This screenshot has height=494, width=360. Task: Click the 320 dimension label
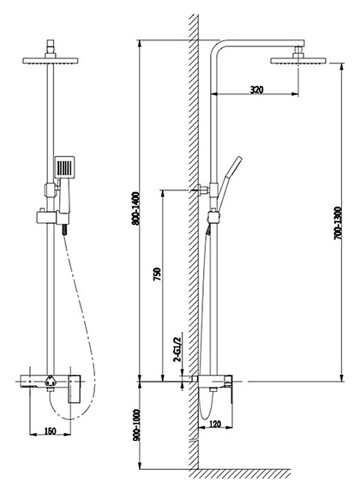(256, 90)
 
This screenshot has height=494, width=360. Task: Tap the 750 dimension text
(157, 274)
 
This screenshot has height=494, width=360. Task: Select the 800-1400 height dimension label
(135, 208)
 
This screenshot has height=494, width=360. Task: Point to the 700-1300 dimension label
(338, 223)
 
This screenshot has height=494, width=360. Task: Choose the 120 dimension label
(215, 424)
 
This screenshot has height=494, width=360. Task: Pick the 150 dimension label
(50, 431)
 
